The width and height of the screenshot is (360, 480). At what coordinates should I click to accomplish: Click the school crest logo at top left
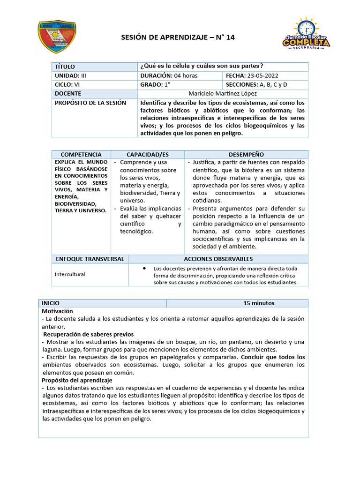point(57,36)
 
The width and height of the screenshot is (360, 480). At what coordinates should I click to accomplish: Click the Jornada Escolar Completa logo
point(306,34)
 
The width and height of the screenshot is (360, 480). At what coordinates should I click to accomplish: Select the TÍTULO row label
point(65,67)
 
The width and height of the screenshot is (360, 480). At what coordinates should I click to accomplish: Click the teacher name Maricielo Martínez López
point(223,94)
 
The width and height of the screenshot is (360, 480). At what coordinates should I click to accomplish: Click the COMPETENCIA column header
point(81,154)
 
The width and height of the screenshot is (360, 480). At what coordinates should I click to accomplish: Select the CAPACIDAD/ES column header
point(148,154)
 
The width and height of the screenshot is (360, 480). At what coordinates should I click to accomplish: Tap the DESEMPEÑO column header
point(246,154)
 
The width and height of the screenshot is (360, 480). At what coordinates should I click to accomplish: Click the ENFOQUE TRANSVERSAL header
point(90,259)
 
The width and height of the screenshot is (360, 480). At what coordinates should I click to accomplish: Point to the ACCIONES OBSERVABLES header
point(218,259)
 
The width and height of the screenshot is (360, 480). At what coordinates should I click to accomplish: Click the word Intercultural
point(70,274)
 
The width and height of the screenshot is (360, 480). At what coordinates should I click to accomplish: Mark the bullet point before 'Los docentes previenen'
point(143,268)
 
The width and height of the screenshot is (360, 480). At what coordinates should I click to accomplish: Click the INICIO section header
point(51,303)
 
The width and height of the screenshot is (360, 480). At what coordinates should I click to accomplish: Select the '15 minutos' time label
point(259,303)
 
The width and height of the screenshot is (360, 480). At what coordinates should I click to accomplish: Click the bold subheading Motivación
point(57,311)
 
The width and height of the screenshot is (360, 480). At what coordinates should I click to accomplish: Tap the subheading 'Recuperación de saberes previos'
point(89,334)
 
